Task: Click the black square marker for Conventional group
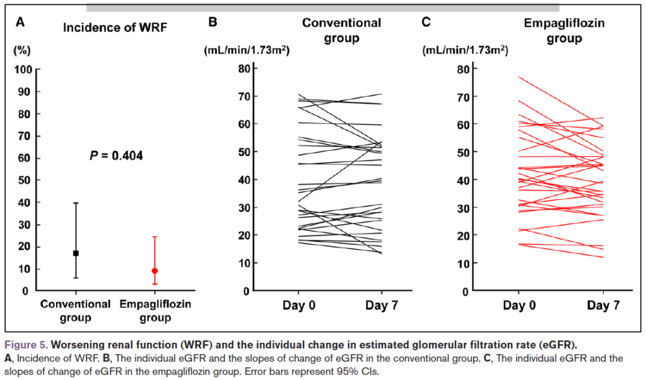pyautogui.click(x=76, y=253)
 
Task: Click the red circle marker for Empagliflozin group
pyautogui.click(x=155, y=271)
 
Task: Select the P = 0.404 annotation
pyautogui.click(x=116, y=155)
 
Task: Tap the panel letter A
pyautogui.click(x=20, y=23)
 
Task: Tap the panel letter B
pyautogui.click(x=213, y=23)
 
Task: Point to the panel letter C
pyautogui.click(x=426, y=23)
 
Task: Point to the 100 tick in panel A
pyautogui.click(x=24, y=69)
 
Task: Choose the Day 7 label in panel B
pyautogui.click(x=382, y=306)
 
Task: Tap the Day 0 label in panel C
pyautogui.click(x=519, y=306)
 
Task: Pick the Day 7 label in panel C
pyautogui.click(x=603, y=306)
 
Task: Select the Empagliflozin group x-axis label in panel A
pyautogui.click(x=155, y=311)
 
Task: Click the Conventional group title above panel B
pyautogui.click(x=342, y=30)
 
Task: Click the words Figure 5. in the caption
pyautogui.click(x=26, y=345)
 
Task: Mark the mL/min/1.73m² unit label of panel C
pyautogui.click(x=465, y=50)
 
